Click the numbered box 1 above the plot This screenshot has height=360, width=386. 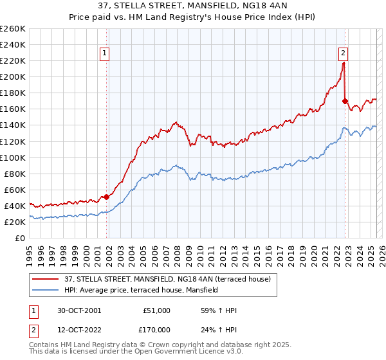104,53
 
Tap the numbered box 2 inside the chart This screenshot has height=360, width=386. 343,53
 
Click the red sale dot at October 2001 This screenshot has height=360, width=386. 107,197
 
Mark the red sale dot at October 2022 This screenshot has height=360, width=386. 345,101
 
